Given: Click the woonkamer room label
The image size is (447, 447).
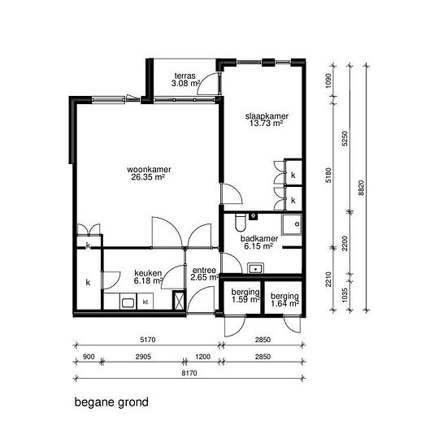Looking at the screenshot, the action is (x=149, y=173).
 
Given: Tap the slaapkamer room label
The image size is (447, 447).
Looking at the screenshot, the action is (x=267, y=119).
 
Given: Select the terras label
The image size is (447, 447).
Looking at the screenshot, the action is (x=185, y=80).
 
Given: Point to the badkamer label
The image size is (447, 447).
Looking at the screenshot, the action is (x=259, y=243).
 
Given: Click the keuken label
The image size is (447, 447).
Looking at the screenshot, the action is (x=148, y=277).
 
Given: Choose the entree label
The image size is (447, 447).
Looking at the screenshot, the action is (x=204, y=274).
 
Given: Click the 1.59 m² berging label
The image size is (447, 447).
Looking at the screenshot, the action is (x=245, y=296).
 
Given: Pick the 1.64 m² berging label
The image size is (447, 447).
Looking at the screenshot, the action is (x=284, y=300).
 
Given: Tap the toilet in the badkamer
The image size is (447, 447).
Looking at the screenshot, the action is (x=240, y=223).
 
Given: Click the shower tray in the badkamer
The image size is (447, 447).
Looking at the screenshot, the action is (x=292, y=224).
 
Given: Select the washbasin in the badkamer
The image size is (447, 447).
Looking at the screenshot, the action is (x=255, y=268).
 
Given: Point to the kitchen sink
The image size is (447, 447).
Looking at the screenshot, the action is (x=128, y=302).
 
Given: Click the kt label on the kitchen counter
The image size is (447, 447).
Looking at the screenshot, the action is (x=145, y=302).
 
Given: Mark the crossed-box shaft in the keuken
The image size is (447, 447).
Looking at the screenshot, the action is (x=179, y=300).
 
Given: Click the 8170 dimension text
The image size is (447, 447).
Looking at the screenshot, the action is (x=189, y=373).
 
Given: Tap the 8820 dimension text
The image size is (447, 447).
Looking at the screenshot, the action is (x=361, y=188).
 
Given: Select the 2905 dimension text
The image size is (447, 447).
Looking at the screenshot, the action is (x=143, y=357).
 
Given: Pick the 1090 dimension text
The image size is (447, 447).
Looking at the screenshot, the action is (x=328, y=81).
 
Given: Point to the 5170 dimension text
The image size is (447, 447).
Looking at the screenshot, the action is (x=148, y=340).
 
